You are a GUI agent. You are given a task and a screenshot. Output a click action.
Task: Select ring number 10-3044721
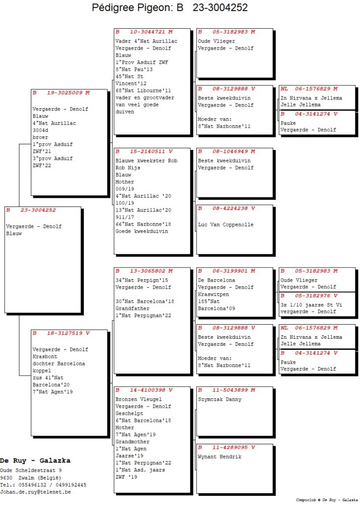click(x=147, y=32)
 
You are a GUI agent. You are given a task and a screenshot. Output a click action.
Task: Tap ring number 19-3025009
click(x=65, y=93)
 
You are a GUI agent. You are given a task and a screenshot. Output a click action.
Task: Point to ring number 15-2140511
click(x=147, y=151)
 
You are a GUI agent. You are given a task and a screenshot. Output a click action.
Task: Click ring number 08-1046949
click(x=230, y=151)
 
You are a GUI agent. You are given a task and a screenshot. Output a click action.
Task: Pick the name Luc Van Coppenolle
click(x=226, y=225)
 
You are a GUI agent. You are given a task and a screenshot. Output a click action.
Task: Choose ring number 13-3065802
click(x=147, y=271)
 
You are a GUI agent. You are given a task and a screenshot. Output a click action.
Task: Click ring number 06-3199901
click(x=230, y=271)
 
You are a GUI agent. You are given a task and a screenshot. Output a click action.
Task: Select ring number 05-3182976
click(x=313, y=296)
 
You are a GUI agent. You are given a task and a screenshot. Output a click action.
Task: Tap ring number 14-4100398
click(x=147, y=390)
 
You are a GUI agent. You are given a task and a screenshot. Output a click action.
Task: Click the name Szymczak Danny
click(x=220, y=399)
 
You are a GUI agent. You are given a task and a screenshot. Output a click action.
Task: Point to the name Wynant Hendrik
click(x=220, y=456)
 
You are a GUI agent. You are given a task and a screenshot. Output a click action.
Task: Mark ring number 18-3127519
click(x=65, y=333)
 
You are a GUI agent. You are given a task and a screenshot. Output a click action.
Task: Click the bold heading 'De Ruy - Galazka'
click(x=35, y=460)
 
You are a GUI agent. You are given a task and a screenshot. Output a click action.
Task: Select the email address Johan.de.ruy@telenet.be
click(x=35, y=492)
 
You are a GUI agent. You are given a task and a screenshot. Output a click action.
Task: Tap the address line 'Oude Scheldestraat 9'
click(x=31, y=470)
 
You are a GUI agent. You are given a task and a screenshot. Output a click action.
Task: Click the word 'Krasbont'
click(x=45, y=356)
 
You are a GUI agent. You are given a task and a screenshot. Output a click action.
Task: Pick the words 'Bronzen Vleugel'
click(x=138, y=399)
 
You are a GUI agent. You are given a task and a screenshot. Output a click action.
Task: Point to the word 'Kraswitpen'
click(x=213, y=294)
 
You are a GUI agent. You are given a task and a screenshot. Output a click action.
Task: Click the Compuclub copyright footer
click(x=327, y=500)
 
